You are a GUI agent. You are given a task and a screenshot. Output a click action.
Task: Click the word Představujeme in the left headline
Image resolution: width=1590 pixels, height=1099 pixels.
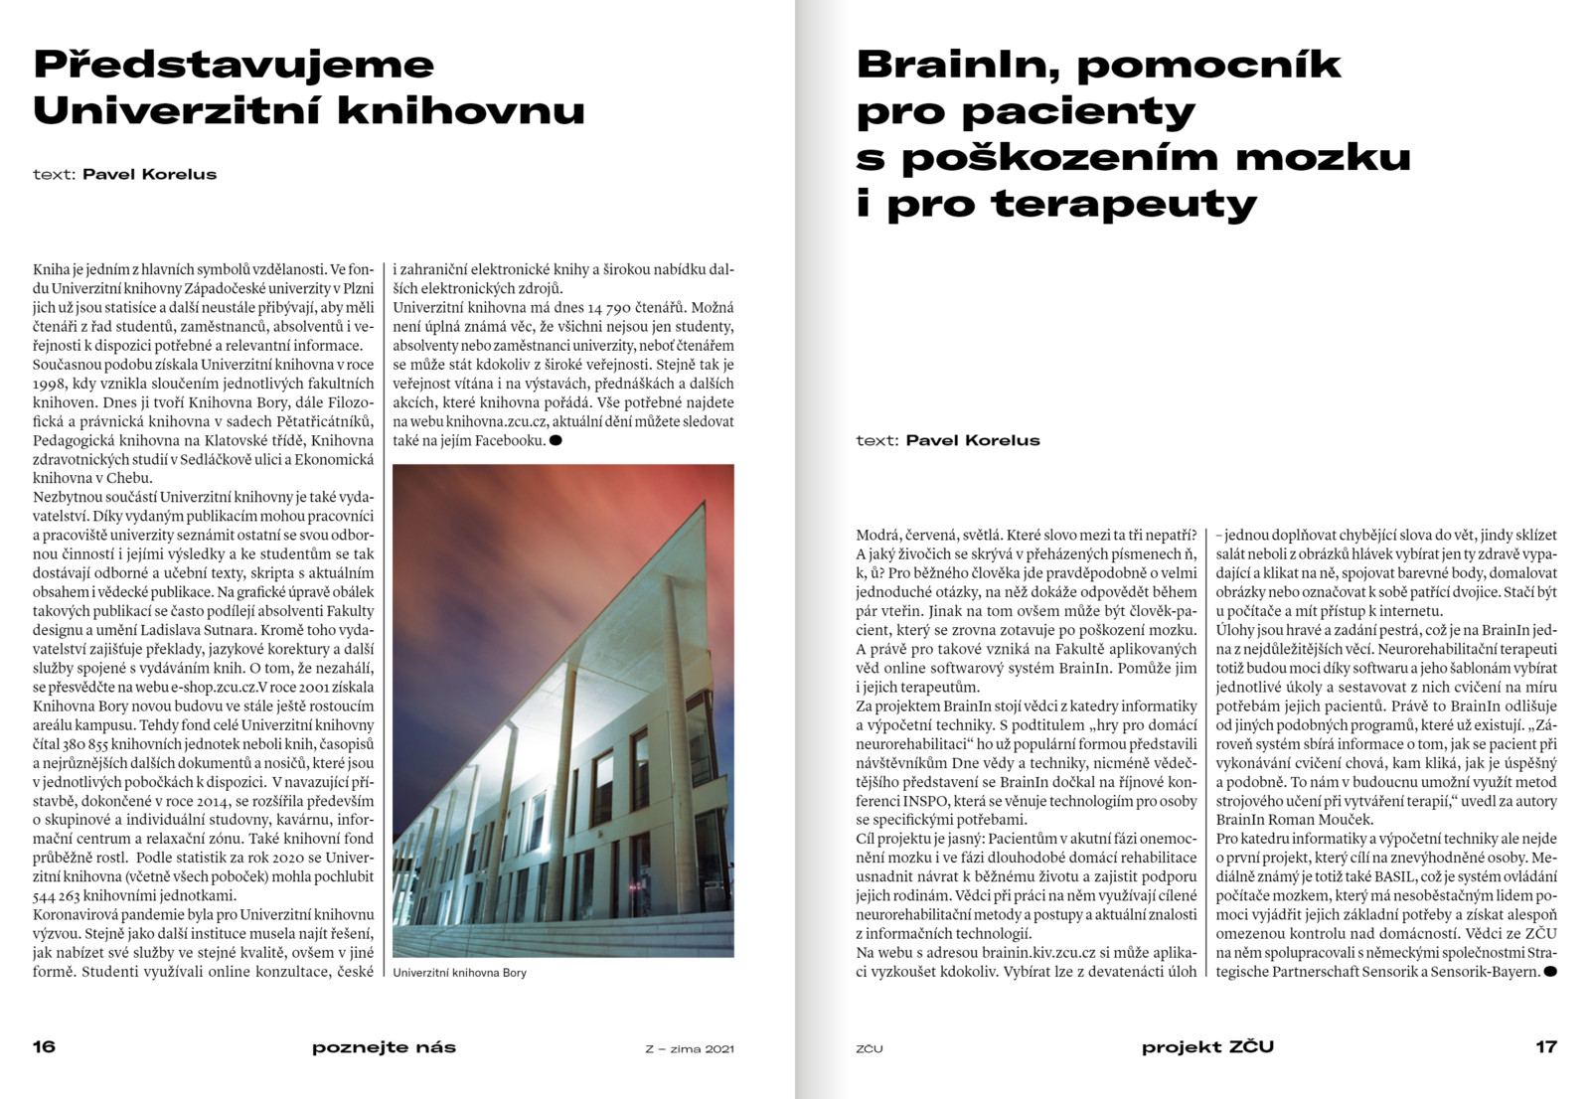coord(234,65)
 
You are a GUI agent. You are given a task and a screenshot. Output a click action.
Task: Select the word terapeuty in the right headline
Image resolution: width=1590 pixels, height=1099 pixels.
coord(1124,204)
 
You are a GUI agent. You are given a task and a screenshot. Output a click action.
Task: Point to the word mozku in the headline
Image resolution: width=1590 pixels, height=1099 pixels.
coord(1338,157)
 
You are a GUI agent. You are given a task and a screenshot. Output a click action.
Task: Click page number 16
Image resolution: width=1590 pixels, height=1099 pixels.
coord(44,1046)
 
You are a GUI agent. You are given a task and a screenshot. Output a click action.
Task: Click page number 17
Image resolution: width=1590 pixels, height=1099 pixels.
coord(1545,1046)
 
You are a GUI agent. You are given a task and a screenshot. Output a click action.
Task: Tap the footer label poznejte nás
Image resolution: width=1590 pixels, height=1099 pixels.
coord(384,1046)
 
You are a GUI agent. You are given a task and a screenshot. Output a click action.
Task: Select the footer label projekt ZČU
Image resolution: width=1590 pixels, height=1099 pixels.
coord(1206,1046)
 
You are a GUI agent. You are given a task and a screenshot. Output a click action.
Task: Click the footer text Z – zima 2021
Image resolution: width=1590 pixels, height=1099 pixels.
coord(689,1048)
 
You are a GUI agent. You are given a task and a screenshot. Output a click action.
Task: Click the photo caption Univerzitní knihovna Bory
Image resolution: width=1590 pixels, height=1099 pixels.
coord(459,973)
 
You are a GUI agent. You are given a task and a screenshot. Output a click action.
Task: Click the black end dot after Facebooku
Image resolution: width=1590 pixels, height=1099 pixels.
coord(556,440)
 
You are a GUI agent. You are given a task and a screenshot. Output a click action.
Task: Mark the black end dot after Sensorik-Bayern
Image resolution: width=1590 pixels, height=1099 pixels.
coord(1550,971)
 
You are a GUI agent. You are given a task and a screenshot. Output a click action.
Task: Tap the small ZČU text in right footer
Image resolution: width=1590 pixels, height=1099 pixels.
coord(869,1048)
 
